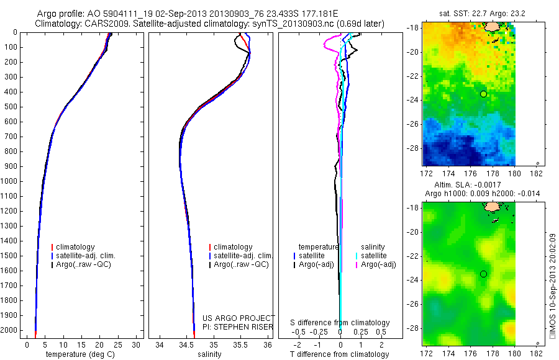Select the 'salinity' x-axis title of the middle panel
coord(209,354)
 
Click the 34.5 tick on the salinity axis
coord(187,344)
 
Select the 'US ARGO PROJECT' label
coord(239,318)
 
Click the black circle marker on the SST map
coord(483,94)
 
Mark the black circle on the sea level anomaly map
coord(483,274)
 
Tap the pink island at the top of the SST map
coord(492,26)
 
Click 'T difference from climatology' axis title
coord(340,354)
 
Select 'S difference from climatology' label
coord(340,323)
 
